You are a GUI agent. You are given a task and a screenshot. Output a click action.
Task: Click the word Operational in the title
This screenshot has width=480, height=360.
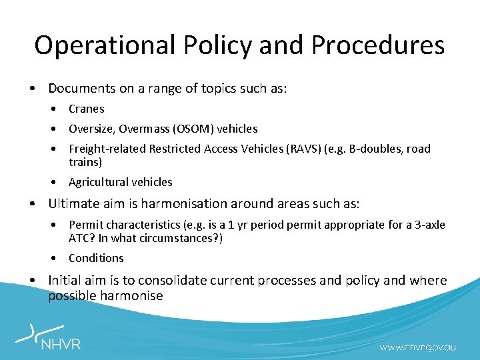[103, 45]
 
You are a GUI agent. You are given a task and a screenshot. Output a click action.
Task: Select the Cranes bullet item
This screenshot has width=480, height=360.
[87, 109]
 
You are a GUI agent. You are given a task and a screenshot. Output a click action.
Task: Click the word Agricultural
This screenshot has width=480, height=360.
[98, 182]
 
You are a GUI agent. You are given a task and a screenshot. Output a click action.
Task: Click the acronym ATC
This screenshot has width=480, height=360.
[79, 238]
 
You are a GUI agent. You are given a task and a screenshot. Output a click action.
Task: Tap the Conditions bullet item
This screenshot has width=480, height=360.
[96, 258]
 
